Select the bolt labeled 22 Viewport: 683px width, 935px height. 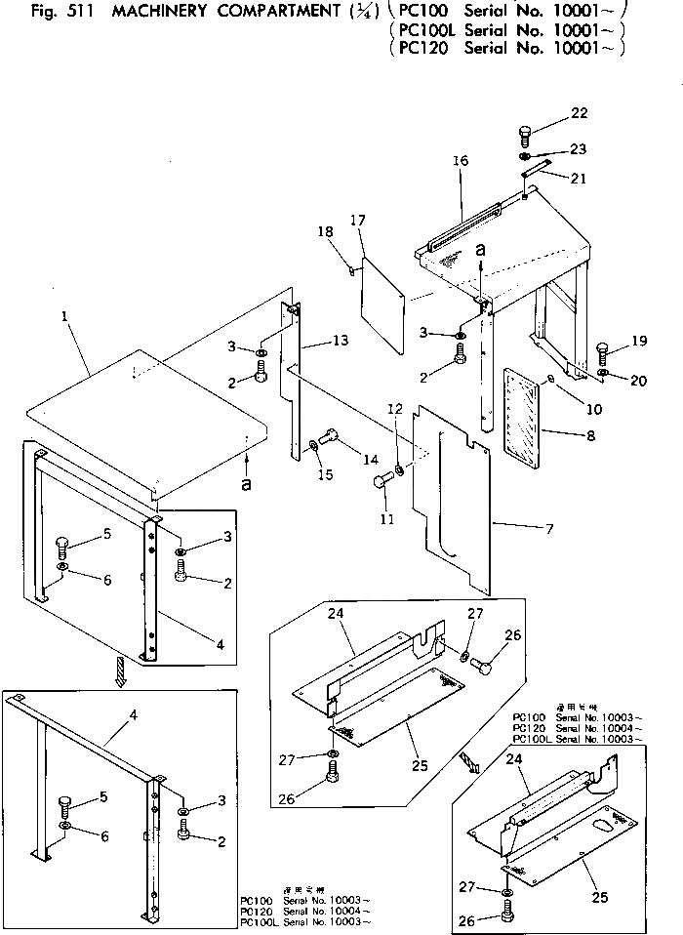coord(525,134)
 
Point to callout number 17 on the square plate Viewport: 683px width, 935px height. coord(358,222)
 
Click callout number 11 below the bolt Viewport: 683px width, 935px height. coord(387,518)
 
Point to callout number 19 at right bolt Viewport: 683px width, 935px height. coord(638,341)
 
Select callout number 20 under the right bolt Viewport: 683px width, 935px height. coord(638,381)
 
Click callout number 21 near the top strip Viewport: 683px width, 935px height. coord(579,180)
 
